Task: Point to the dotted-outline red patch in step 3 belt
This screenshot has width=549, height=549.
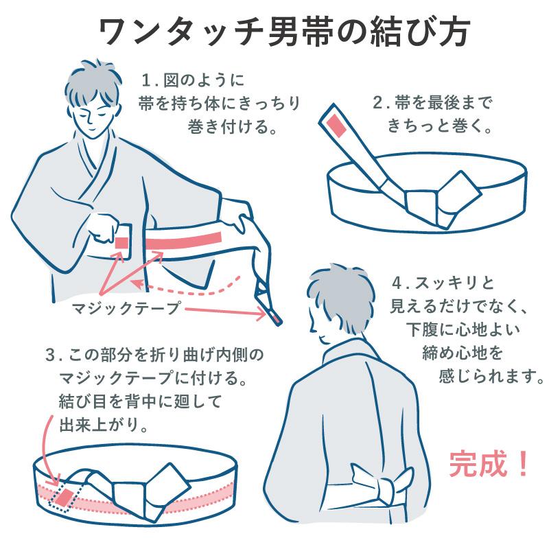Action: tap(63, 498)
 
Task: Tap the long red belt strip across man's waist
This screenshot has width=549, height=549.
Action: tap(185, 240)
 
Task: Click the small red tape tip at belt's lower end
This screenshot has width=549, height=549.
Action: tap(274, 317)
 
